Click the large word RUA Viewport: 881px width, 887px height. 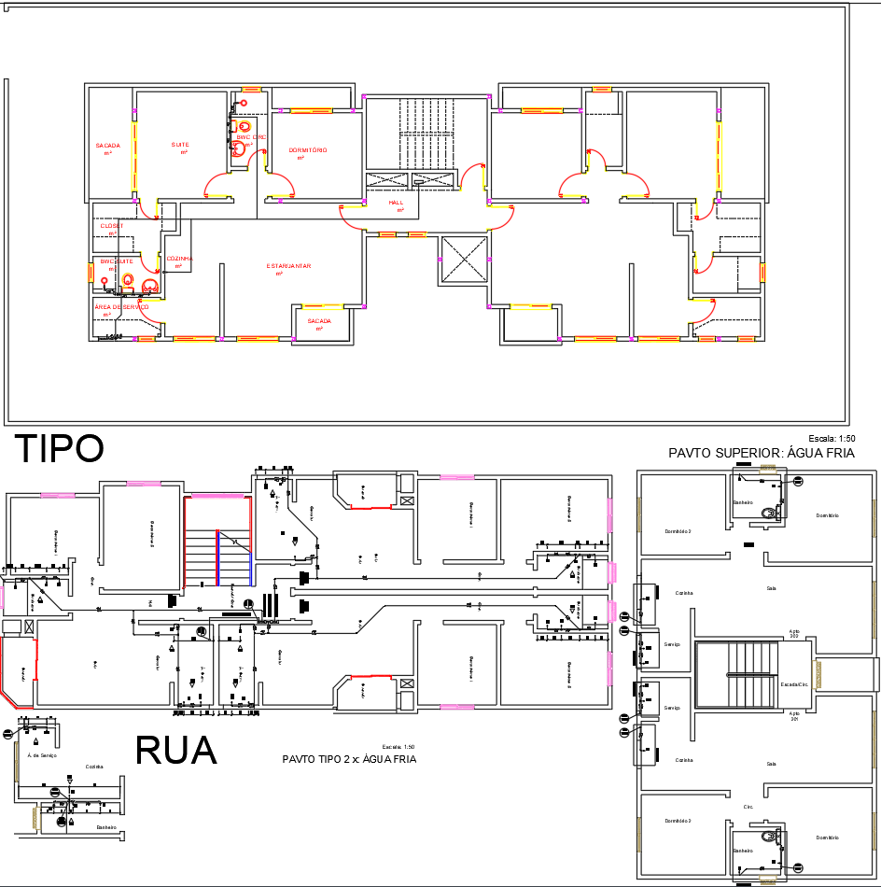176,751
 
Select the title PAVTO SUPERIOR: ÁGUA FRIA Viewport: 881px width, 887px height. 762,453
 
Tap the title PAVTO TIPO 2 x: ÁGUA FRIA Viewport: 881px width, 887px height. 349,759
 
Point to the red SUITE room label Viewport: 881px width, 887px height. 180,145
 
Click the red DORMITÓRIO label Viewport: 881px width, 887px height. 307,150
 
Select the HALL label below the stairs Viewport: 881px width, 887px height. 397,203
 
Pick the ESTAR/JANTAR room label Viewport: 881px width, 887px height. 288,266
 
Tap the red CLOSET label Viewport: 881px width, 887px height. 112,226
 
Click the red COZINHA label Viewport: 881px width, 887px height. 178,259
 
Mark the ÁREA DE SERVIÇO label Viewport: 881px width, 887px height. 121,306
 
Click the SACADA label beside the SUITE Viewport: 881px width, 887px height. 107,146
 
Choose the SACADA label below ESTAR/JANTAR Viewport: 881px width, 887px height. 319,320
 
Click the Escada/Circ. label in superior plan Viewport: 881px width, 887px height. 793,684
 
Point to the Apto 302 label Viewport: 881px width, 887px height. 794,634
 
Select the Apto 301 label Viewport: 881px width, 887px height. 794,716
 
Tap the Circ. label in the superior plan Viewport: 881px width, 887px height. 748,807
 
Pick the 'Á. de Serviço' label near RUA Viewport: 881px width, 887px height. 42,755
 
